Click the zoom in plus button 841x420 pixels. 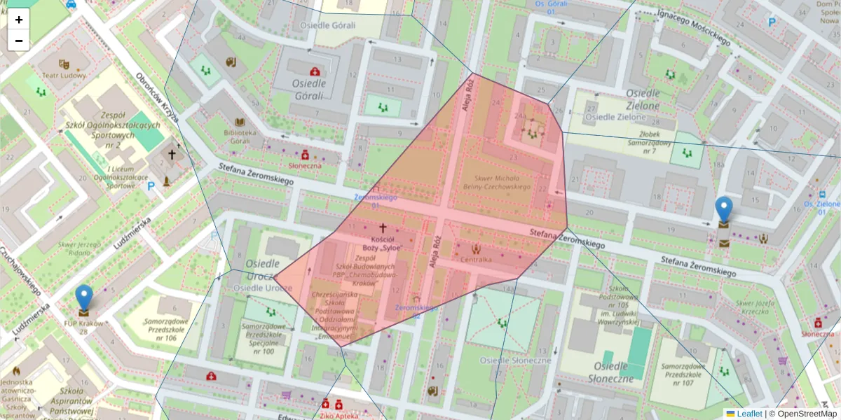(x=19, y=20)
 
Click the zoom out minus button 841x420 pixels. (x=19, y=41)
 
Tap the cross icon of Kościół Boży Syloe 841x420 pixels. (x=383, y=227)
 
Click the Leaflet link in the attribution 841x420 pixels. (x=748, y=414)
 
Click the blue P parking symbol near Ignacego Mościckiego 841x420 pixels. (x=772, y=23)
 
